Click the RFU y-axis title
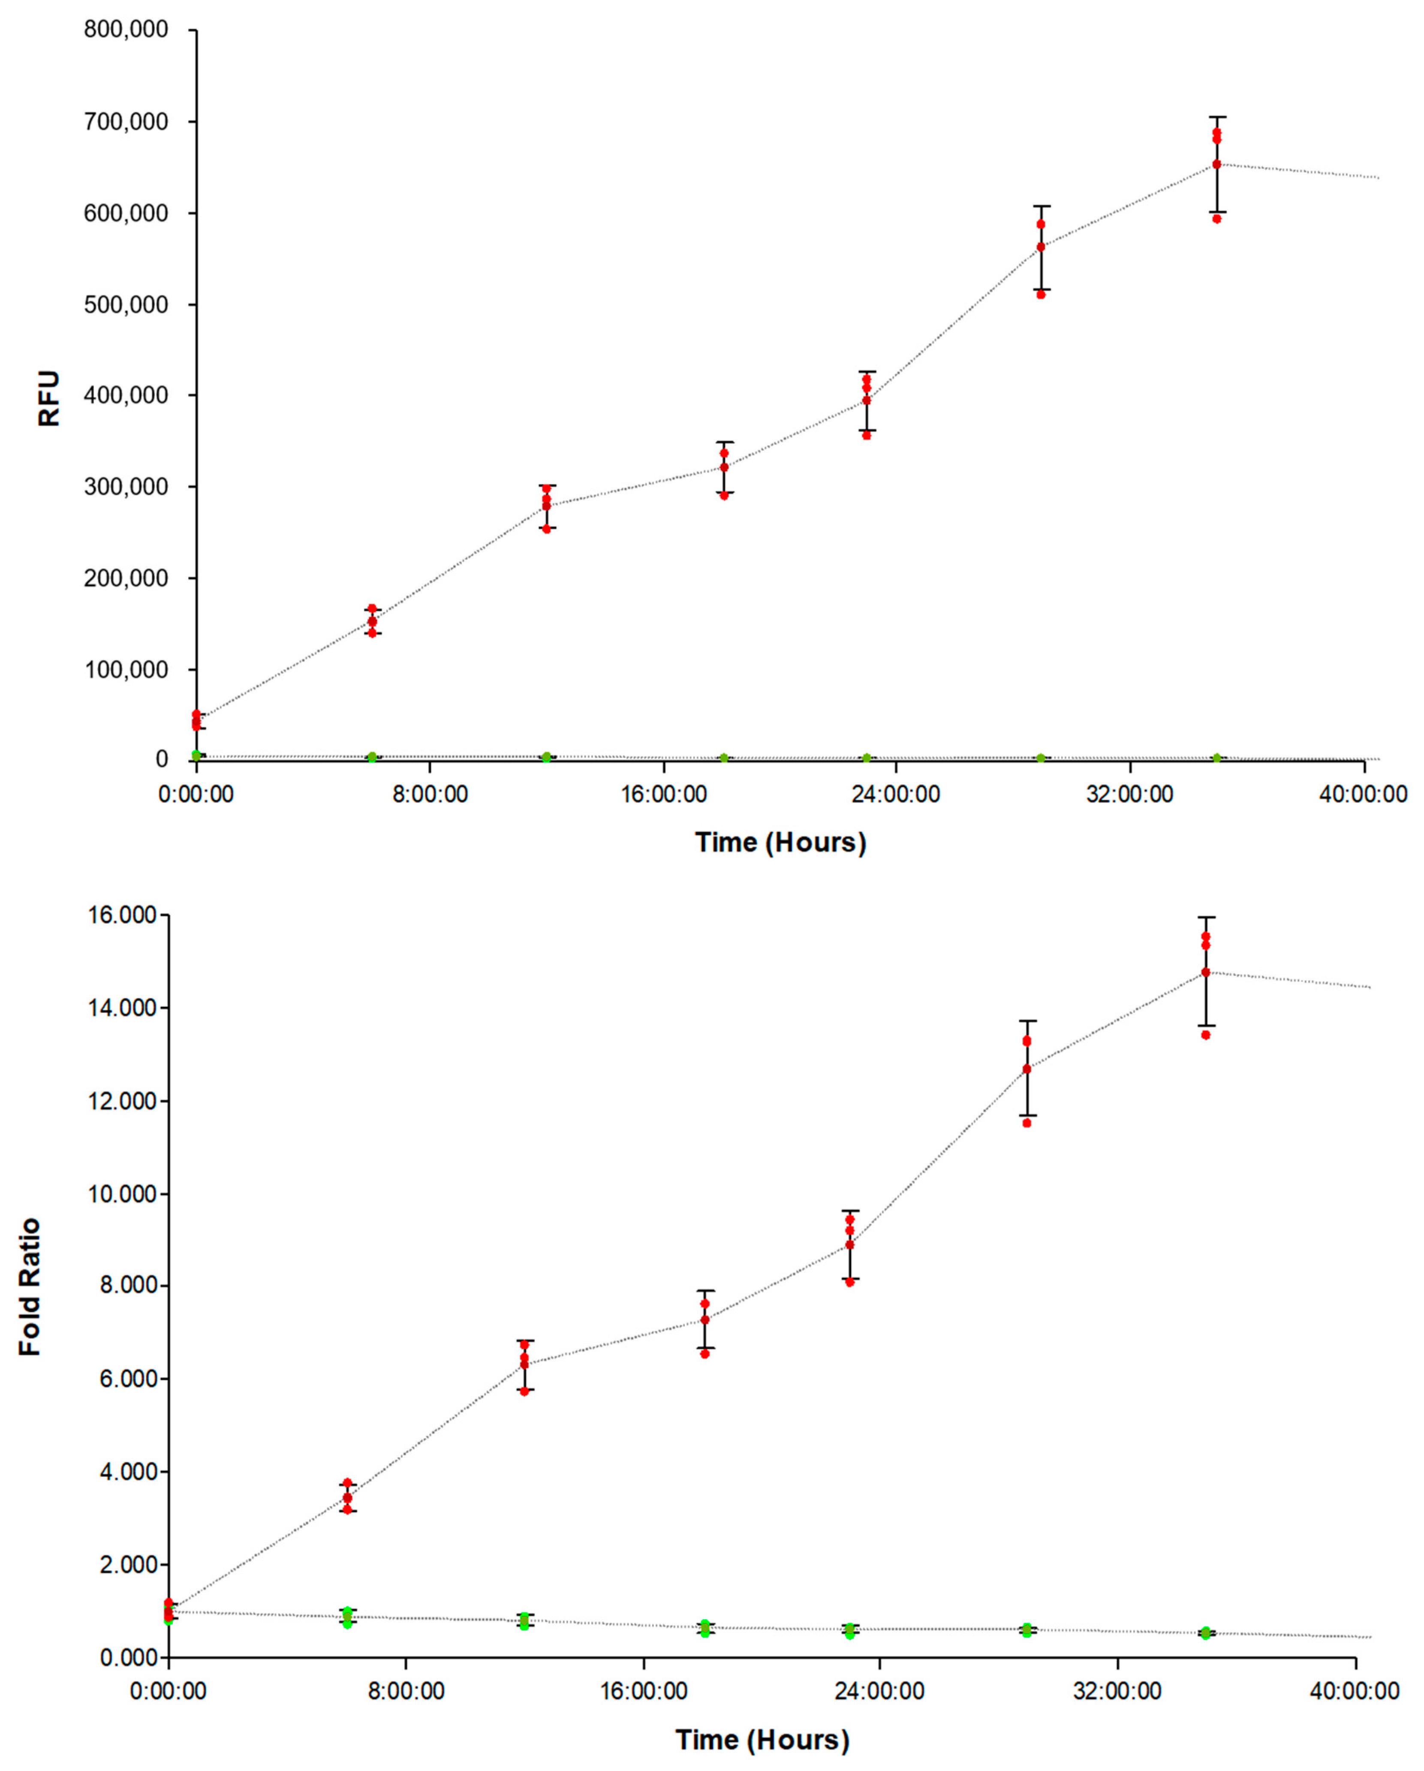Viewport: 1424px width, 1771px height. pos(49,398)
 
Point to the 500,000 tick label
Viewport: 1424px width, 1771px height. pos(126,305)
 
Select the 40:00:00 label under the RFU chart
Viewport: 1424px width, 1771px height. pos(1363,794)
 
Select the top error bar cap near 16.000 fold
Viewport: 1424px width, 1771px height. pos(1206,917)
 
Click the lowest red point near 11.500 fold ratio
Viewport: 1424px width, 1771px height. pos(1027,1123)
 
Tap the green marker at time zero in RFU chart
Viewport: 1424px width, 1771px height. pos(196,755)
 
